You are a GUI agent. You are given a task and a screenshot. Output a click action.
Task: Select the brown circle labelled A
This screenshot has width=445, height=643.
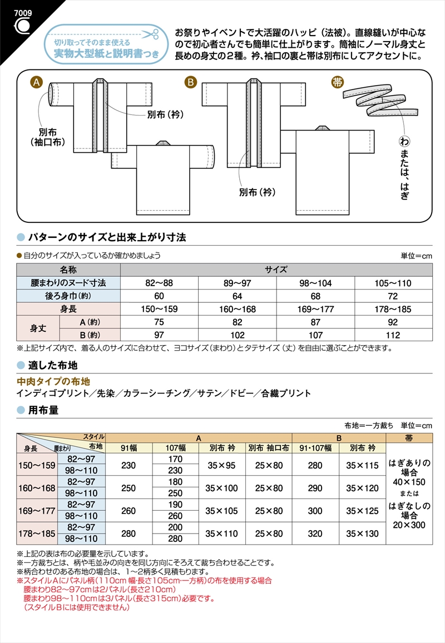click(x=36, y=83)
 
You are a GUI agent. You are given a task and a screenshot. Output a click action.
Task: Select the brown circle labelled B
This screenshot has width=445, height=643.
click(x=191, y=83)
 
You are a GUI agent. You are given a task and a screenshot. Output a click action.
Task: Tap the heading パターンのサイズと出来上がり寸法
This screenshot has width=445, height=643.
click(x=107, y=237)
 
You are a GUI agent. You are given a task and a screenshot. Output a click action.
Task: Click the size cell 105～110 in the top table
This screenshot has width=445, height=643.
click(x=393, y=283)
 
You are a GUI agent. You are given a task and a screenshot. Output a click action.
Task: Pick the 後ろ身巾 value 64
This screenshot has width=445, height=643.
click(x=238, y=296)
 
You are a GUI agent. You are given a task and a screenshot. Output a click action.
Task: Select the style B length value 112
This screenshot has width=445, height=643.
click(x=393, y=335)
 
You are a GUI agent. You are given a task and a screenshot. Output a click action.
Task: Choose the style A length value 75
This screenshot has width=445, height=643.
click(x=160, y=322)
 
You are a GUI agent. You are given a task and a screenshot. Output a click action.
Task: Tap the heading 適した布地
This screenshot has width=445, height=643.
click(x=52, y=365)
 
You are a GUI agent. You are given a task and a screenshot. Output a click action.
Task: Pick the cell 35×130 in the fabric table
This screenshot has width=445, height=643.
click(x=362, y=534)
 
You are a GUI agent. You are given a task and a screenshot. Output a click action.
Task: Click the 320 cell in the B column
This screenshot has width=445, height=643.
click(x=315, y=534)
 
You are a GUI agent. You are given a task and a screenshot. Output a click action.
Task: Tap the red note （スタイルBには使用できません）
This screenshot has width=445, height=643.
click(x=77, y=607)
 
